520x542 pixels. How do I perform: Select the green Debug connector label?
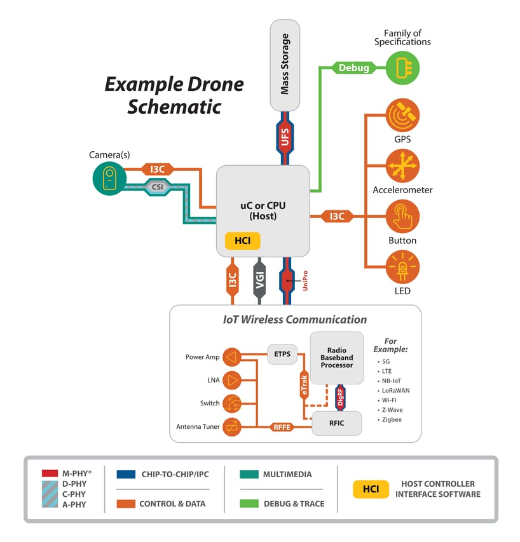(x=353, y=67)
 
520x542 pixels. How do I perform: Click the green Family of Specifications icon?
(x=403, y=67)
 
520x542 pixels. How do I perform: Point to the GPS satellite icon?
(x=402, y=114)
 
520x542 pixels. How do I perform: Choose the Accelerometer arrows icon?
(x=402, y=166)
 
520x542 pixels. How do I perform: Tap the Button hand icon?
(x=402, y=217)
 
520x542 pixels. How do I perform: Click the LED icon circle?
(x=402, y=268)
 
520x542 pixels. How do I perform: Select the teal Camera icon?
(x=109, y=179)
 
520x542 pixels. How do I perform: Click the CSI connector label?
(x=156, y=186)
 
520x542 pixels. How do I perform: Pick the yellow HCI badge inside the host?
(x=242, y=241)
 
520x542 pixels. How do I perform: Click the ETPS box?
(x=282, y=354)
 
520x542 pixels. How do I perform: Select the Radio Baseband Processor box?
(x=336, y=357)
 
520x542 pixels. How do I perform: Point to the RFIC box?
(x=336, y=423)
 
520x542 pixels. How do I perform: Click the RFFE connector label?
(x=282, y=427)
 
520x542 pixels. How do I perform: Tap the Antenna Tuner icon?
(x=233, y=427)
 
